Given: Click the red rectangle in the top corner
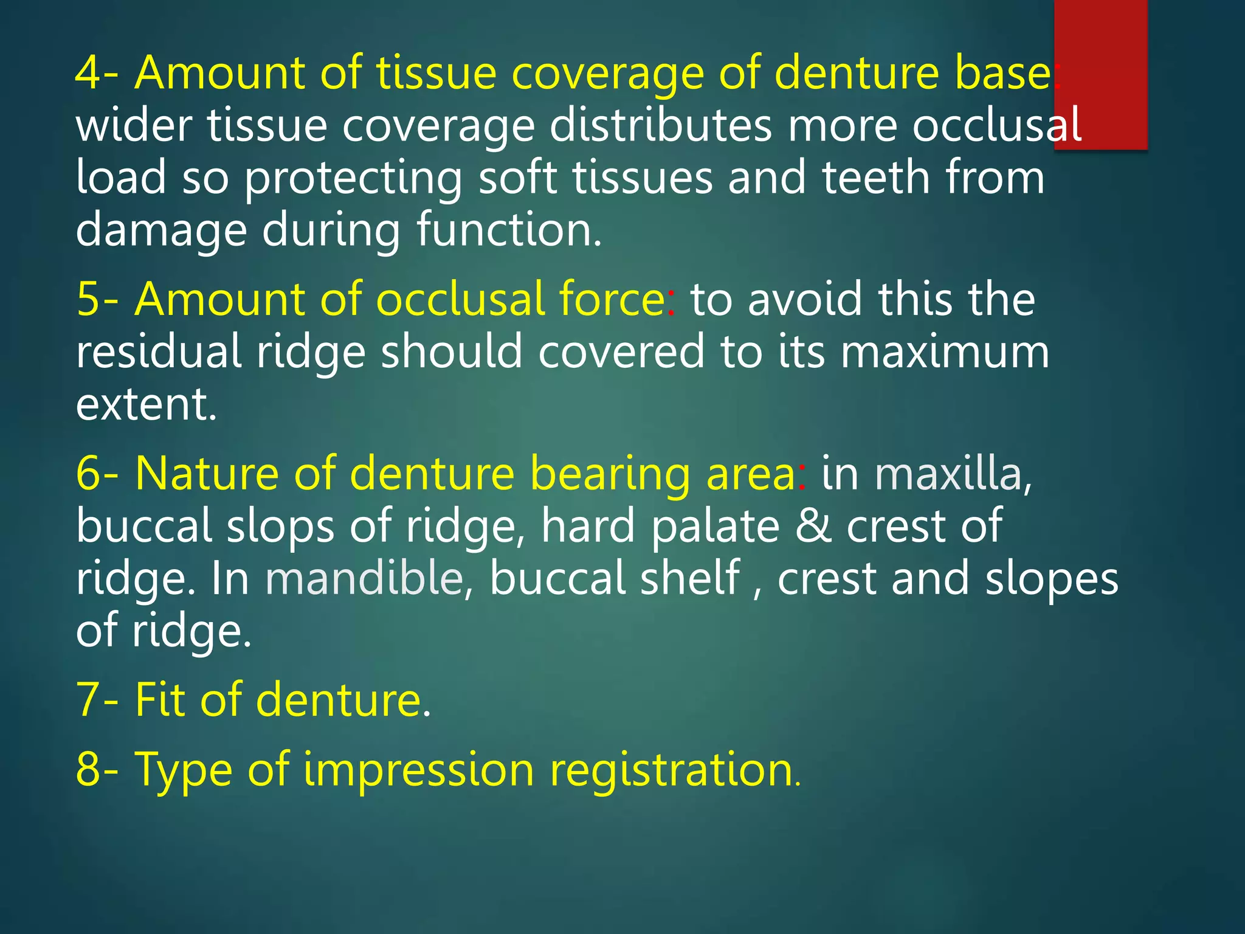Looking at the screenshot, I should (x=1100, y=73).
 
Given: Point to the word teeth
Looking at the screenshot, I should (x=876, y=178).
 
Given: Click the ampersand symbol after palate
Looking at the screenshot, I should (x=813, y=525).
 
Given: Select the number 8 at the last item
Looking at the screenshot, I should (x=89, y=770).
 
